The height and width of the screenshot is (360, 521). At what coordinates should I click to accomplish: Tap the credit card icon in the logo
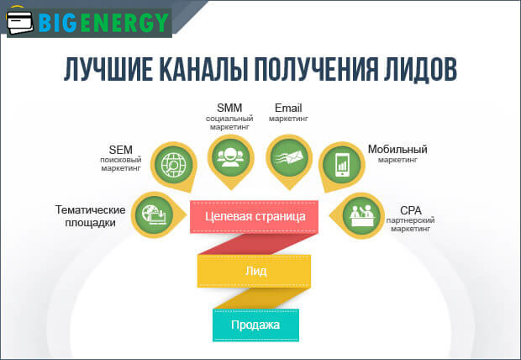point(25,22)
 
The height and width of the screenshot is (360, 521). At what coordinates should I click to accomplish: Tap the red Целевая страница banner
point(255,215)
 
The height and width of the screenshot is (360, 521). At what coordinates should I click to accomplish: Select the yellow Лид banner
point(255,271)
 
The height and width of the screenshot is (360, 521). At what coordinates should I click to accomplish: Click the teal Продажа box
point(256,324)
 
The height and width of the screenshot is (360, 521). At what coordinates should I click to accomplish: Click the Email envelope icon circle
point(287,155)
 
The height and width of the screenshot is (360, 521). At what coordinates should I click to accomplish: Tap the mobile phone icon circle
point(342,163)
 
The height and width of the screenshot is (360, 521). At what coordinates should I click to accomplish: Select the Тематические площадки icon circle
point(154,214)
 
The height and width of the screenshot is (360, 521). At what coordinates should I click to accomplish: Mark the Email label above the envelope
point(288,108)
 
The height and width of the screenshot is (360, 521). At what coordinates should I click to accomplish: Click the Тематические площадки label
point(91,215)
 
